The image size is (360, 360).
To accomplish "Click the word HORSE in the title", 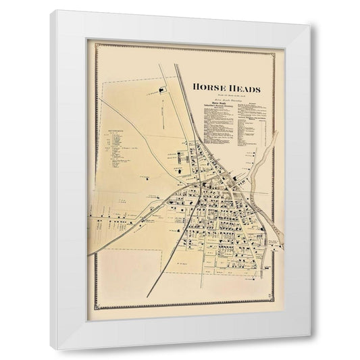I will pyautogui.click(x=210, y=87).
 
